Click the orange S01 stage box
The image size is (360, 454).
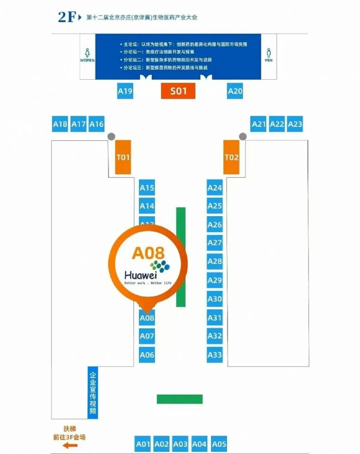[x=178, y=91]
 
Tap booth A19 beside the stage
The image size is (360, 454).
[x=125, y=91]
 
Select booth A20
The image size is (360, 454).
[x=235, y=91]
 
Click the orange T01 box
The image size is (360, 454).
[x=123, y=157]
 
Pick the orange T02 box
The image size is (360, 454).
[x=232, y=157]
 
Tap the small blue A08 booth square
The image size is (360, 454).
[x=147, y=318]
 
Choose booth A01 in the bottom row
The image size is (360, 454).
[x=143, y=444]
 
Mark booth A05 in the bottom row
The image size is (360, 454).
[x=219, y=444]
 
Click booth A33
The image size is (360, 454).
[x=214, y=355]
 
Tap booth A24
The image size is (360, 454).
[x=214, y=188]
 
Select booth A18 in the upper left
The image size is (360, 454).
[x=60, y=125]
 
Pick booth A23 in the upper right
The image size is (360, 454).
[x=295, y=125]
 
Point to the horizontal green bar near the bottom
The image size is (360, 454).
[x=179, y=399]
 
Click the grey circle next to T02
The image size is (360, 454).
[x=243, y=136]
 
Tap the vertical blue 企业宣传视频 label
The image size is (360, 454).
[x=93, y=391]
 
